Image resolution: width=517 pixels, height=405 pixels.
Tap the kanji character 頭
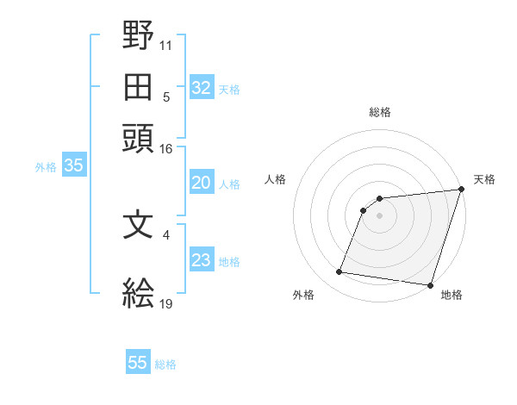[139, 138]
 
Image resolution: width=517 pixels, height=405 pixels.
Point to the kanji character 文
[139, 226]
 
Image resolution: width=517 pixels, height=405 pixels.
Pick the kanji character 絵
[139, 294]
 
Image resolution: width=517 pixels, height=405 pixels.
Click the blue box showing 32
[201, 87]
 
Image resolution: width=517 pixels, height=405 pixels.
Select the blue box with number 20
[201, 183]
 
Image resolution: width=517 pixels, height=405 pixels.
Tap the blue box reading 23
[201, 261]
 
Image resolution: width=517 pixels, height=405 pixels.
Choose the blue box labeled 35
[73, 166]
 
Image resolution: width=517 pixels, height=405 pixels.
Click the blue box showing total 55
[138, 363]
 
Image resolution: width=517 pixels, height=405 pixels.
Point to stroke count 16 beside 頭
[166, 149]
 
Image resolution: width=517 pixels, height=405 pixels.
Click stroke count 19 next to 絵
[166, 304]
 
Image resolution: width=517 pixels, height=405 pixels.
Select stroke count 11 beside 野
[166, 42]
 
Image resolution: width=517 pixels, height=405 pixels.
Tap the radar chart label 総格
[380, 112]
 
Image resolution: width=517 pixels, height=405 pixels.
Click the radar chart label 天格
[484, 179]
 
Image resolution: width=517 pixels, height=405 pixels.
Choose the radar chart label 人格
[276, 179]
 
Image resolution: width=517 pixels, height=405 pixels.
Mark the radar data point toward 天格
[462, 190]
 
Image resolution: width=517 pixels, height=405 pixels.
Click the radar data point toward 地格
[430, 285]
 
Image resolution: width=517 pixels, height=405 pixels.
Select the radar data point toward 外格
[339, 272]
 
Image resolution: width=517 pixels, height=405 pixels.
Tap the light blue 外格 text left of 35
[46, 167]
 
